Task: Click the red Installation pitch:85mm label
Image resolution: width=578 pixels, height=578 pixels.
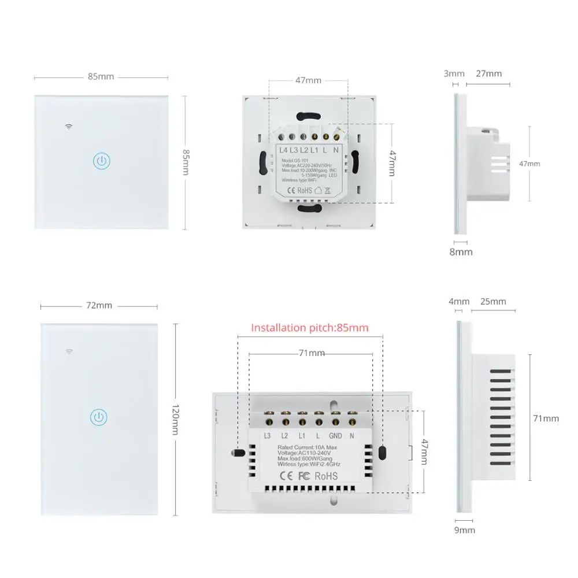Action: point(309,328)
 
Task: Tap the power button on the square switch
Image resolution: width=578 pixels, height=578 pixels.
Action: point(102,161)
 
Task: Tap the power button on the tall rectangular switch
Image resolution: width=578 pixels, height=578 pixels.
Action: point(99,417)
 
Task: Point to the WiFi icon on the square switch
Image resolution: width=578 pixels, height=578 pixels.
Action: point(69,126)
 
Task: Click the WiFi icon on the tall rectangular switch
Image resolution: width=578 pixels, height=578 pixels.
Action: point(69,351)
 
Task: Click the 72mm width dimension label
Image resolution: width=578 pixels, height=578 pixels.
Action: point(99,305)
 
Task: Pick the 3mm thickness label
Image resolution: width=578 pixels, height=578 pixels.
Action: point(454,73)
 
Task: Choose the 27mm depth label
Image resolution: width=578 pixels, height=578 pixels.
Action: point(488,73)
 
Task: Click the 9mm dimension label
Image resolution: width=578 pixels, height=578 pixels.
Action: point(464,530)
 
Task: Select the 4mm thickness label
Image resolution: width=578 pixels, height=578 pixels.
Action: point(459,301)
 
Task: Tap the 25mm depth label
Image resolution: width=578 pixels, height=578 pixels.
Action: point(493,301)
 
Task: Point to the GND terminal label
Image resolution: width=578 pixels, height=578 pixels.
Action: point(336,436)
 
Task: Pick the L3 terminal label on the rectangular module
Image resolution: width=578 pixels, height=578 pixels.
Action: point(268,436)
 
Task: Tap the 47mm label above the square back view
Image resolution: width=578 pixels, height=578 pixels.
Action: point(308,80)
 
